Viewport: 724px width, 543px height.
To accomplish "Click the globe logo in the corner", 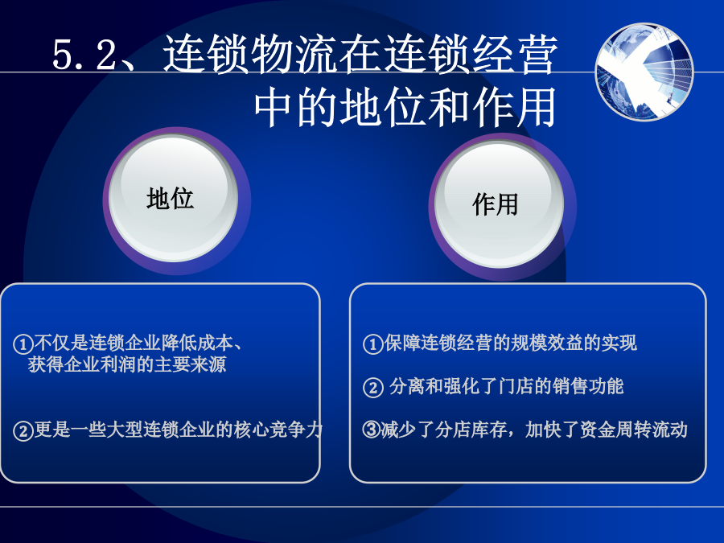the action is [644, 72].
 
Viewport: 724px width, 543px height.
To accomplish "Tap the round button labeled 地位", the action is [173, 199].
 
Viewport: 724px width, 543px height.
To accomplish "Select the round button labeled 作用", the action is [499, 204].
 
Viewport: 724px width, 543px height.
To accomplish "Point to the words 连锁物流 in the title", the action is [249, 55].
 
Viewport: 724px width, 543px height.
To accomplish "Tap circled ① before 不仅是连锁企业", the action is [23, 344].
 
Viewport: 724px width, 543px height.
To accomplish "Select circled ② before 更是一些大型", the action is [23, 431].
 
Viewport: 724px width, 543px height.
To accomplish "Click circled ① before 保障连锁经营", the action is [372, 344].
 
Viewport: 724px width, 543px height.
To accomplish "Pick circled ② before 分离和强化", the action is [372, 388].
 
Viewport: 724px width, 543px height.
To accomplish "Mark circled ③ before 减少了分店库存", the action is [372, 430].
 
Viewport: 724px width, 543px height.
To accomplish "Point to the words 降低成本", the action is [197, 343].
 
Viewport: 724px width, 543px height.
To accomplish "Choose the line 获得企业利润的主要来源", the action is [127, 364].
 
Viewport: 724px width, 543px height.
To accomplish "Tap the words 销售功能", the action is [588, 386].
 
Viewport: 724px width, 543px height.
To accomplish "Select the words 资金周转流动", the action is [634, 430].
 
